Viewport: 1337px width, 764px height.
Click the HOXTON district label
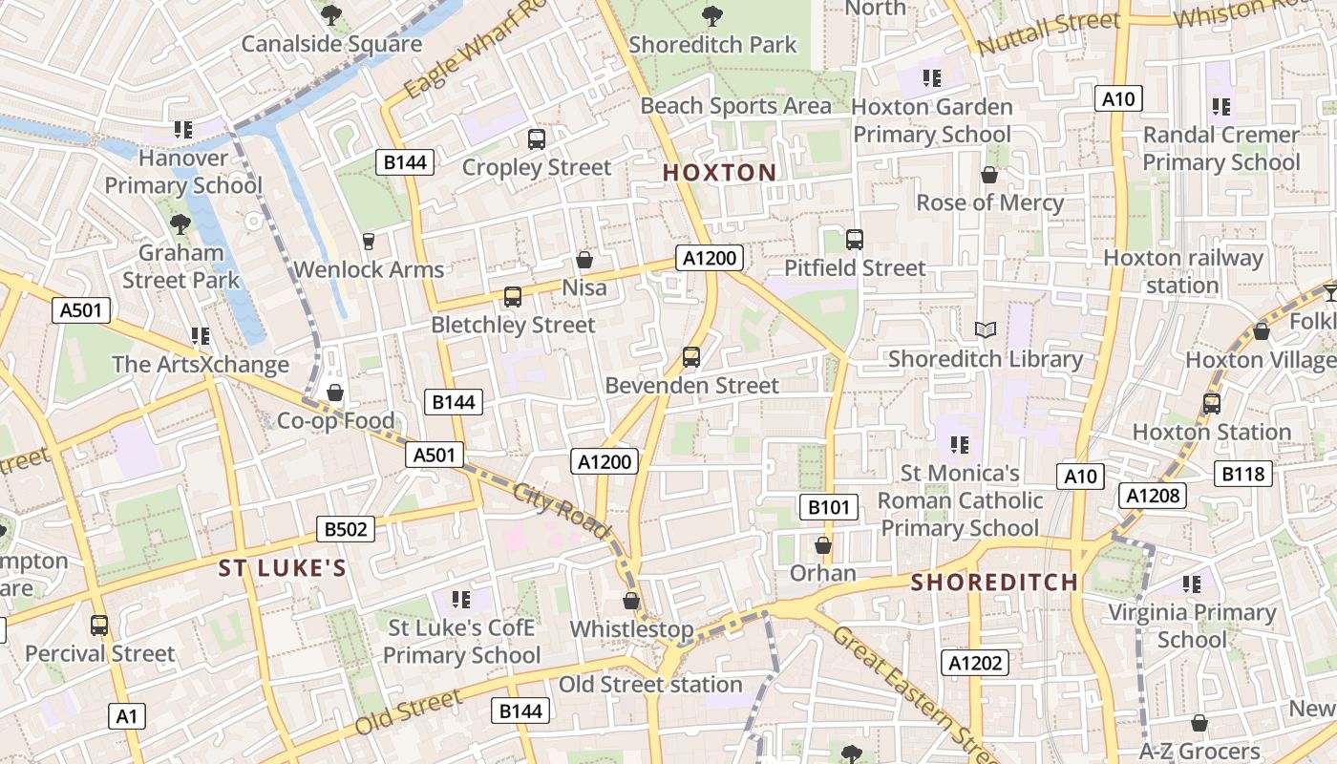pyautogui.click(x=719, y=173)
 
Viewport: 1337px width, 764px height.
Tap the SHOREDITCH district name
pyautogui.click(x=994, y=583)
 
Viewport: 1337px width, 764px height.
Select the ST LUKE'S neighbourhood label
pyautogui.click(x=282, y=569)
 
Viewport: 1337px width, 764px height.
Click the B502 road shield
pyautogui.click(x=346, y=529)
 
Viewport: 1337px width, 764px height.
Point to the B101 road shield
pyautogui.click(x=828, y=507)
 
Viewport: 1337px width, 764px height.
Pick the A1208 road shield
pyautogui.click(x=1154, y=495)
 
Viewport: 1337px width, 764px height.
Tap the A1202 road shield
pyautogui.click(x=974, y=663)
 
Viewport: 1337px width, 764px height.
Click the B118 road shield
pyautogui.click(x=1242, y=473)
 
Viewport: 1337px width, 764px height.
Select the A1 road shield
pyautogui.click(x=127, y=716)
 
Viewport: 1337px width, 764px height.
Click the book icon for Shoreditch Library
pyautogui.click(x=986, y=329)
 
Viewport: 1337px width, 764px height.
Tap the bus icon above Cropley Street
pyautogui.click(x=537, y=139)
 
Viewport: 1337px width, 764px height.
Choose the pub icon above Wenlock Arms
pyautogui.click(x=369, y=241)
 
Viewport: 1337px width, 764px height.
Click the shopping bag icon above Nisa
pyautogui.click(x=584, y=260)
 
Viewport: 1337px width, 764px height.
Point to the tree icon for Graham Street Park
pyautogui.click(x=180, y=224)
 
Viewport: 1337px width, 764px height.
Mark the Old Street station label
pyautogui.click(x=650, y=685)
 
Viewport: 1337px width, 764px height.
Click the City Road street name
pyautogui.click(x=561, y=511)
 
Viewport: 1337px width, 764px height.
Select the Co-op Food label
pyautogui.click(x=335, y=421)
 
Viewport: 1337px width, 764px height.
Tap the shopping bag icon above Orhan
pyautogui.click(x=823, y=545)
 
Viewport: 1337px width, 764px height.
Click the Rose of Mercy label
pyautogui.click(x=989, y=202)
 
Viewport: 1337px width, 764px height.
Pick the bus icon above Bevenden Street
pyautogui.click(x=691, y=357)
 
